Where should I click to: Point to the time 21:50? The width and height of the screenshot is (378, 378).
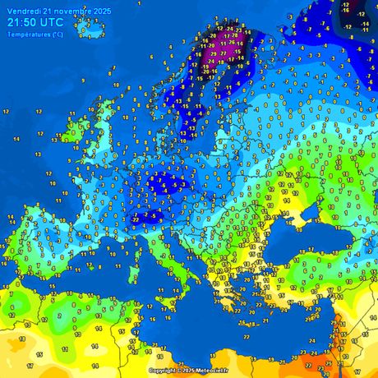pyautogui.click(x=21, y=22)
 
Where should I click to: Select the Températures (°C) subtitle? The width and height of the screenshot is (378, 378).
pyautogui.click(x=34, y=34)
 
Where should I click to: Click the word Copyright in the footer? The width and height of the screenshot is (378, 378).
pyautogui.click(x=164, y=371)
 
